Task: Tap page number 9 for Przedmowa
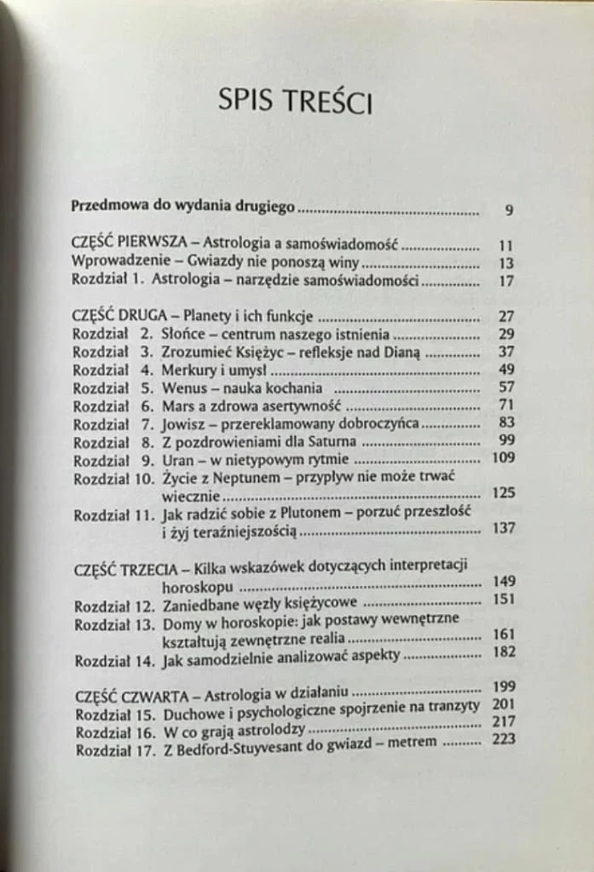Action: (508, 209)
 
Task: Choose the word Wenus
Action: (182, 388)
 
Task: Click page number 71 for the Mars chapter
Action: (505, 406)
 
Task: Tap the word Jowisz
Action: (182, 424)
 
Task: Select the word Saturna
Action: (328, 442)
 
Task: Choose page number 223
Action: (504, 739)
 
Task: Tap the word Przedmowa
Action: (108, 207)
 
